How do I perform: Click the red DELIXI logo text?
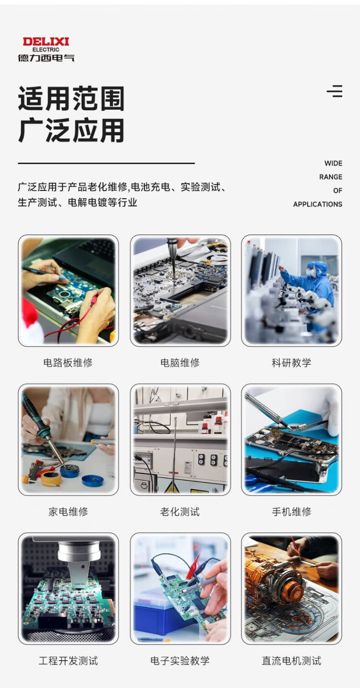pos(46,41)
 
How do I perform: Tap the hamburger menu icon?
pos(335,91)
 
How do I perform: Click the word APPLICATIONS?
pos(318,204)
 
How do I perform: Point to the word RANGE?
pos(331,177)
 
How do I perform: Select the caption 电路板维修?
pos(68,363)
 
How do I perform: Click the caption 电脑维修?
pos(180,363)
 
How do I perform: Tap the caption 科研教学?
pos(291,363)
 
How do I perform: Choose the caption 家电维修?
pos(68,512)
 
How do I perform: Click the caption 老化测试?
pos(180,512)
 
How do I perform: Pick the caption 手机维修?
pos(291,512)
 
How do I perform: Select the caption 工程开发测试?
pos(68,661)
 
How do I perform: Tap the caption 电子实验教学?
pos(180,661)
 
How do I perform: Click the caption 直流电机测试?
pos(291,661)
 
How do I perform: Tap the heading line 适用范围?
pos(71,98)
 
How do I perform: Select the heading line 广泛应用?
pos(71,131)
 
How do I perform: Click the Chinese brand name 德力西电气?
pos(46,58)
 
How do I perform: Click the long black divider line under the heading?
pos(106,163)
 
